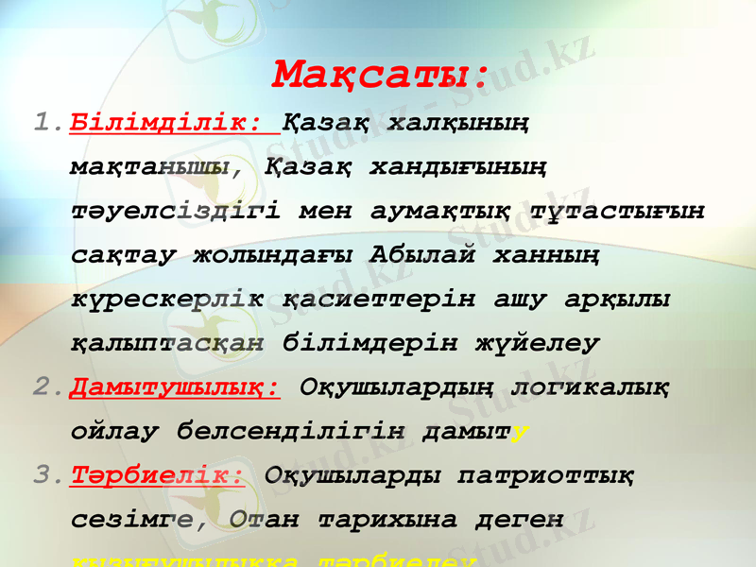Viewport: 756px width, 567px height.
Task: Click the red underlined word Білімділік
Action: click(x=166, y=123)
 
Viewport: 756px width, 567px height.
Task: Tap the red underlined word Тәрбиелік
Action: click(x=158, y=474)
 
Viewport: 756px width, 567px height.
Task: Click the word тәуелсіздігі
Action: click(x=176, y=211)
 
